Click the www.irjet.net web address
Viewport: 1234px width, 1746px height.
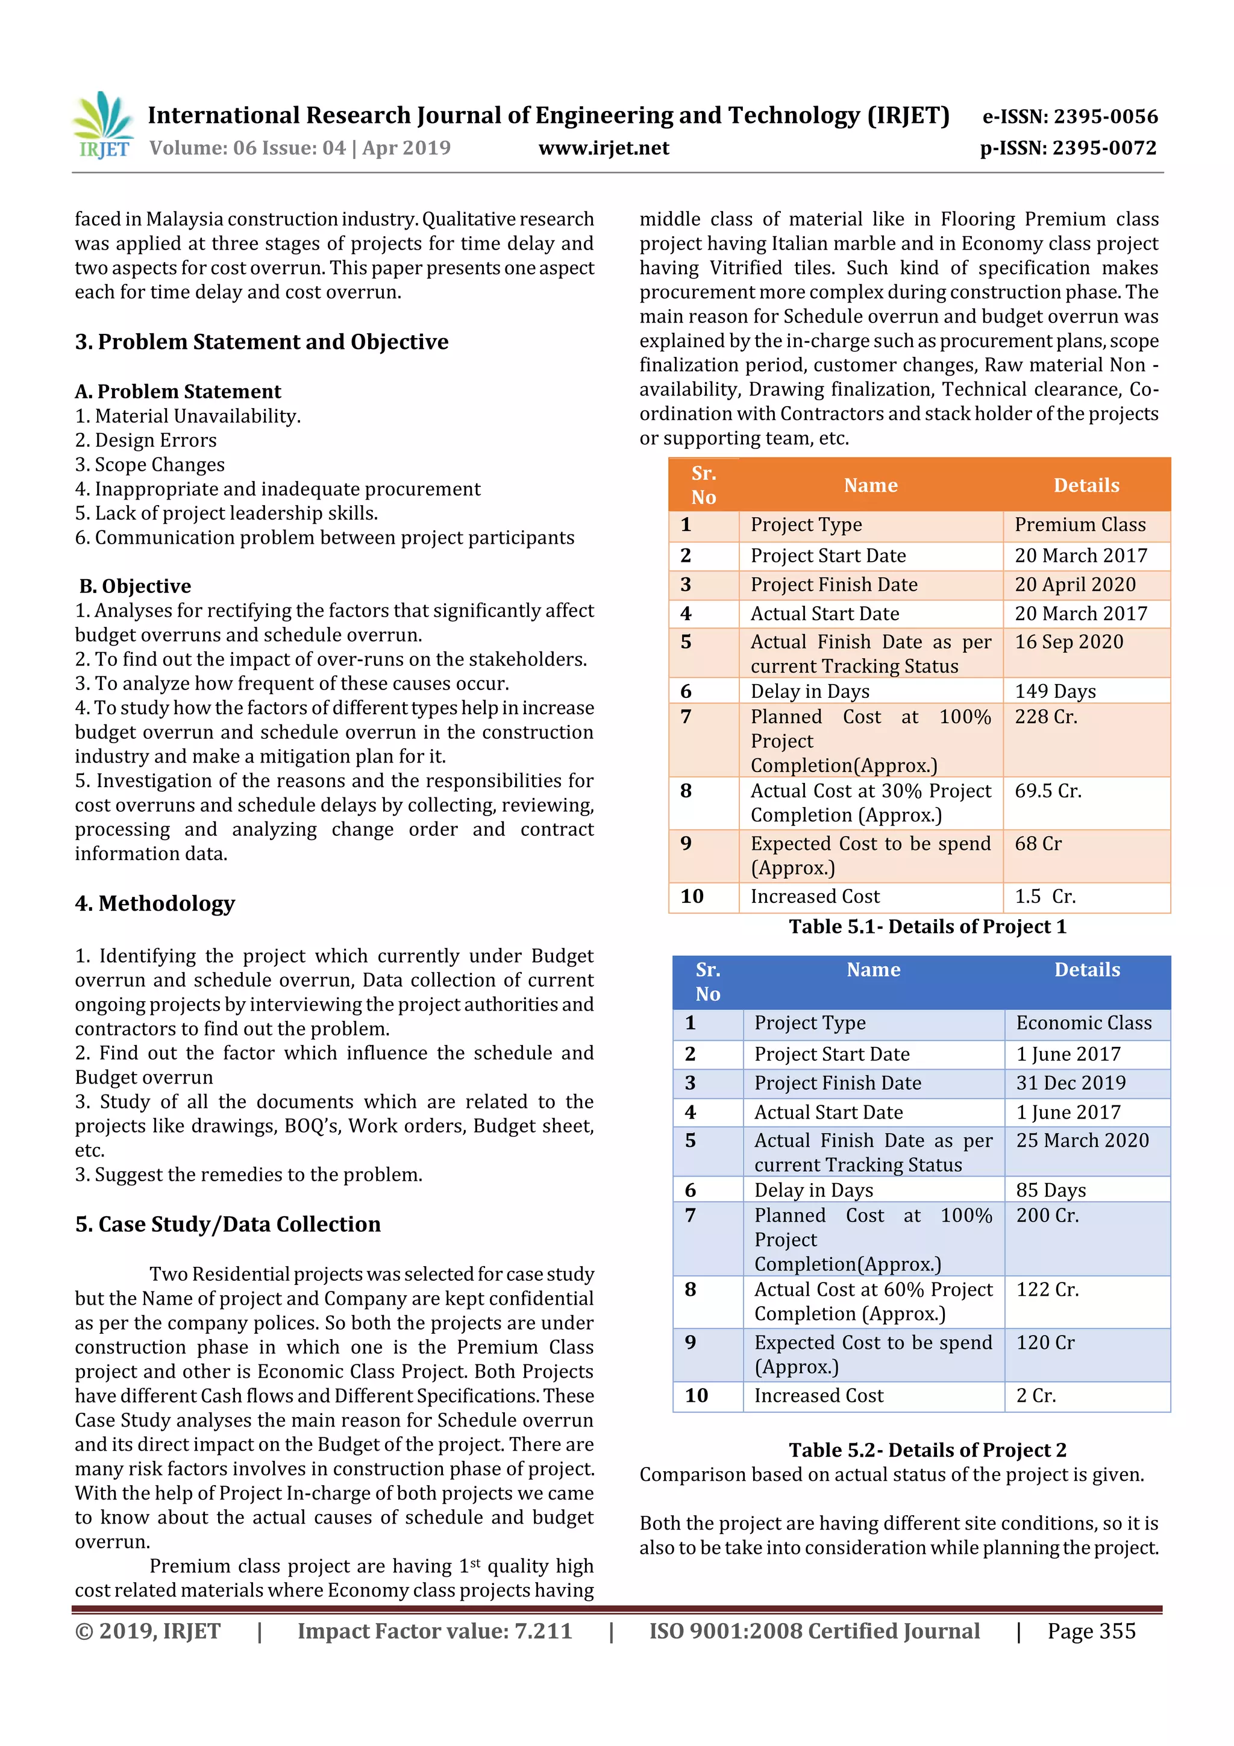[x=603, y=148]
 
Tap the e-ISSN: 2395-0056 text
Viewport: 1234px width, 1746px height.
[x=1070, y=116]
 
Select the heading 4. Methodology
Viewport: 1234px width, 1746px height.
[x=155, y=903]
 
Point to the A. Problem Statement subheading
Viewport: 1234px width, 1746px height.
[x=178, y=392]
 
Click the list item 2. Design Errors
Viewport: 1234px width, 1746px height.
[x=145, y=441]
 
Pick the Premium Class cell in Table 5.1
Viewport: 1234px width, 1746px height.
[x=1080, y=525]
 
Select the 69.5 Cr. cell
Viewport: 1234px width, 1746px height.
[x=1047, y=791]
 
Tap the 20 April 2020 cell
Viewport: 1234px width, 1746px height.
[x=1074, y=585]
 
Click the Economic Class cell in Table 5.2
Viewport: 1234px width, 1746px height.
[x=1083, y=1023]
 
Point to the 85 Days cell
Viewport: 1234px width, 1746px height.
[x=1051, y=1190]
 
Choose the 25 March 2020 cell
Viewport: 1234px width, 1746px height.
[x=1082, y=1141]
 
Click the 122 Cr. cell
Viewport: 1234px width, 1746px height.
[x=1047, y=1290]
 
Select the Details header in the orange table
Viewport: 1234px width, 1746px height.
[x=1086, y=485]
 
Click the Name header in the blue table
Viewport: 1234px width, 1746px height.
[x=873, y=970]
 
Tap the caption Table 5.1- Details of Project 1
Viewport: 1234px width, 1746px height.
[x=927, y=927]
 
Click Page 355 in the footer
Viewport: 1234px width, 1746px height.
[x=1091, y=1631]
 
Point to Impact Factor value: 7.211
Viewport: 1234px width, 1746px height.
[x=434, y=1631]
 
